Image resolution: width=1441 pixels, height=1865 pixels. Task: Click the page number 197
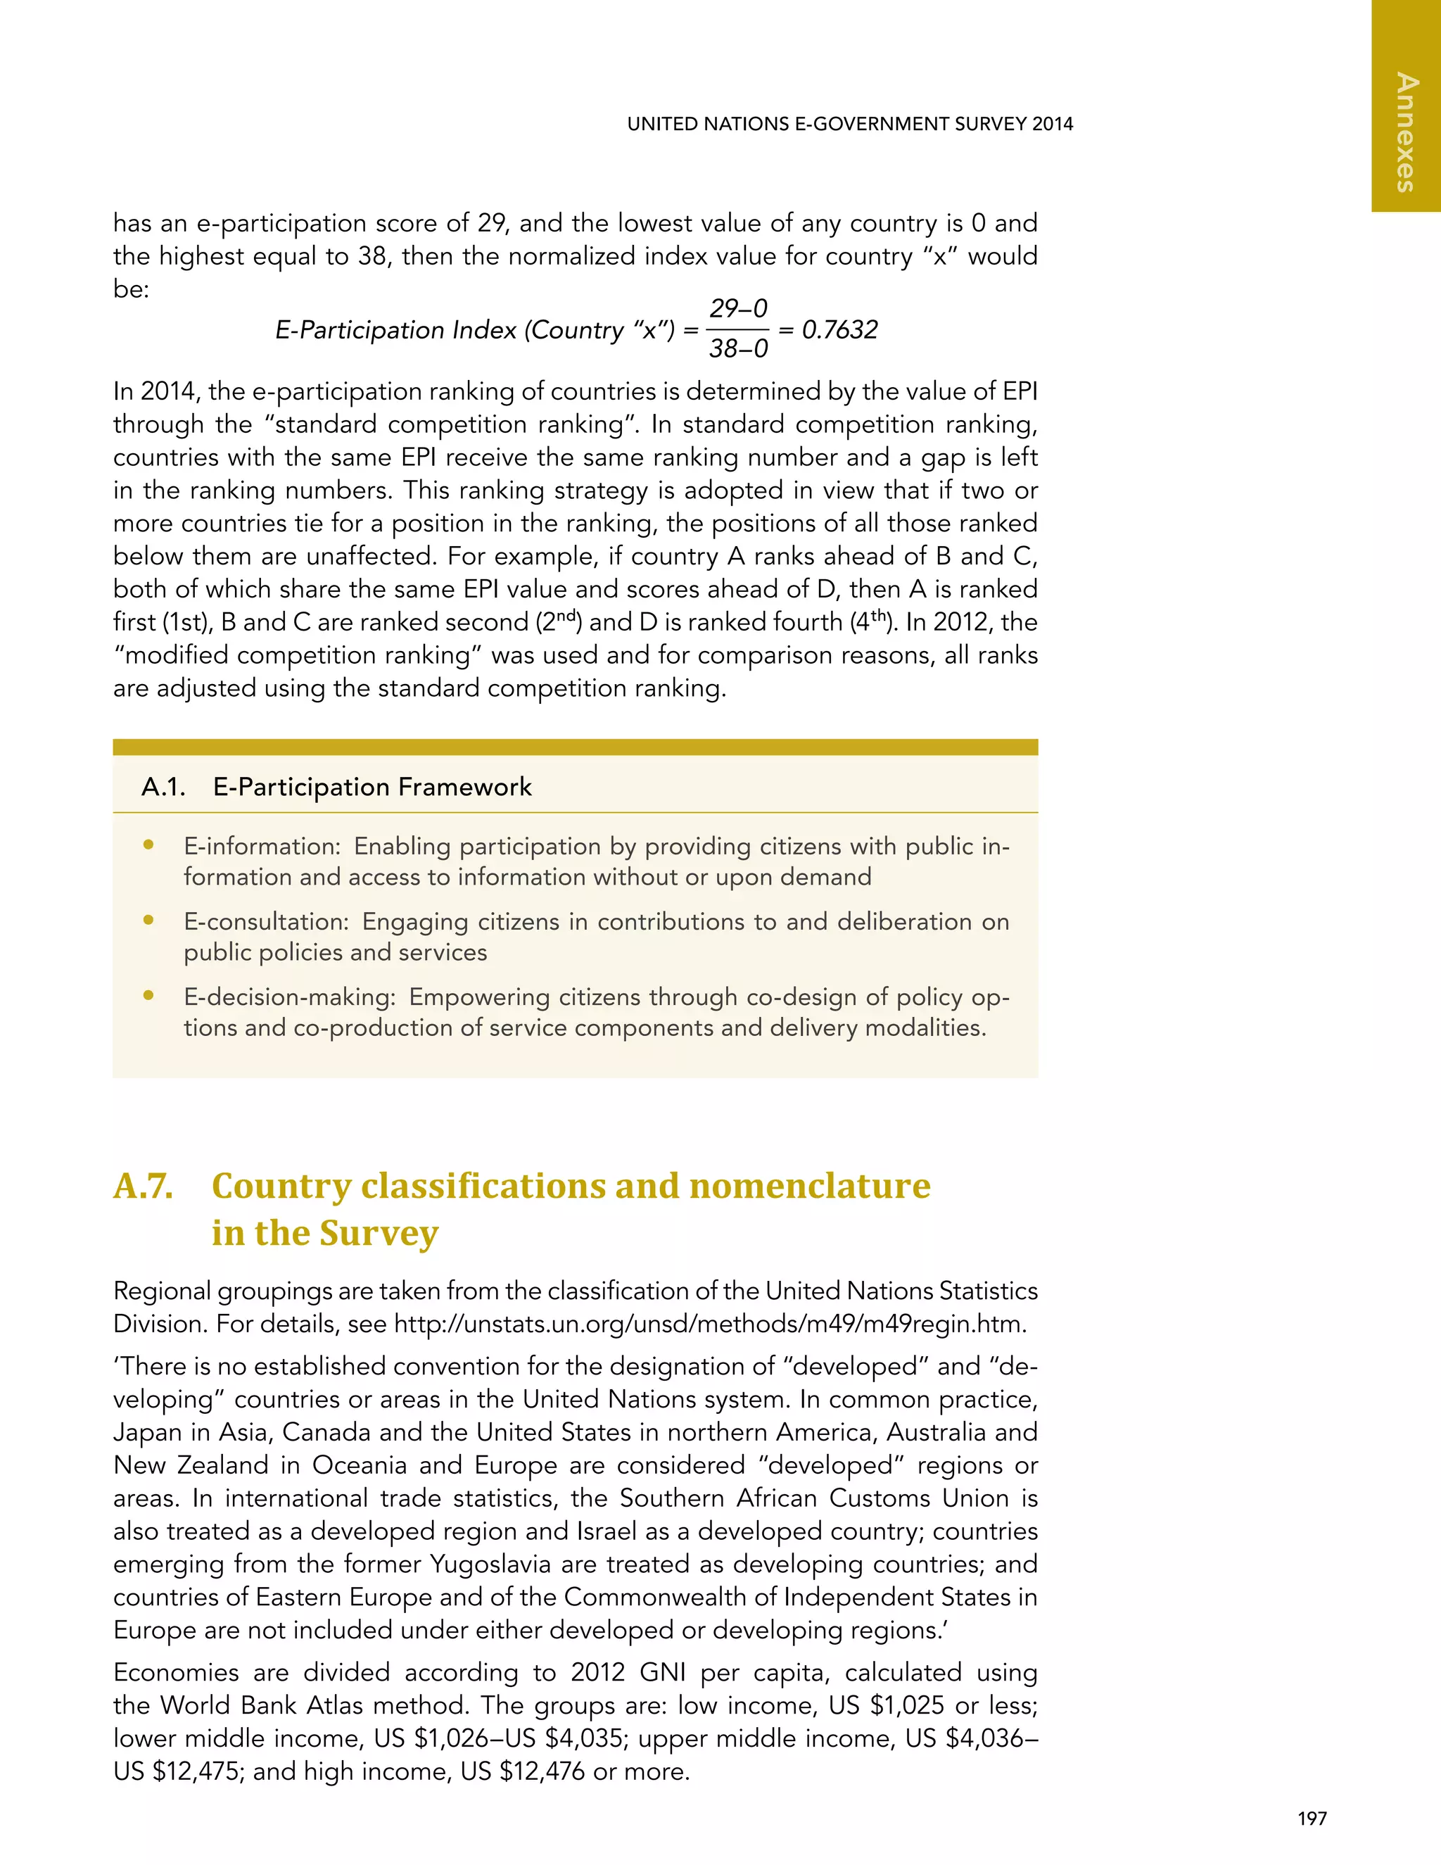click(x=1312, y=1819)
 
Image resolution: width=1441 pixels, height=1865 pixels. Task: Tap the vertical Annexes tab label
click(x=1405, y=132)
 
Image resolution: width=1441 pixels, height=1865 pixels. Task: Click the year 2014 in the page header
click(x=1052, y=124)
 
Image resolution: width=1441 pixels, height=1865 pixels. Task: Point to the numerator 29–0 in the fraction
click(x=738, y=308)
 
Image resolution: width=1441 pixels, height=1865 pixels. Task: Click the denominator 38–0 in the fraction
click(x=738, y=348)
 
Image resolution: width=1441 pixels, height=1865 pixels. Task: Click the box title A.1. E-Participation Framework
click(x=336, y=787)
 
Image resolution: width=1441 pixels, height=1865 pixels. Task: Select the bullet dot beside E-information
click(x=148, y=845)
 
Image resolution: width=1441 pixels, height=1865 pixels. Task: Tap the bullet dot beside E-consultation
click(x=148, y=921)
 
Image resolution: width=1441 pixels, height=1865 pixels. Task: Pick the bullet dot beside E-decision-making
click(x=148, y=996)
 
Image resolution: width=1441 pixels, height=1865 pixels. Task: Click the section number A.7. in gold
click(x=144, y=1186)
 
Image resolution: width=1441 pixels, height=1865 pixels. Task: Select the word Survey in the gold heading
click(x=379, y=1233)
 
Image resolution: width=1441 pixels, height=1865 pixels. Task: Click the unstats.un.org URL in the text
click(x=709, y=1325)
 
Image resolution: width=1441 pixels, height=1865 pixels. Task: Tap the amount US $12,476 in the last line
click(x=523, y=1772)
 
